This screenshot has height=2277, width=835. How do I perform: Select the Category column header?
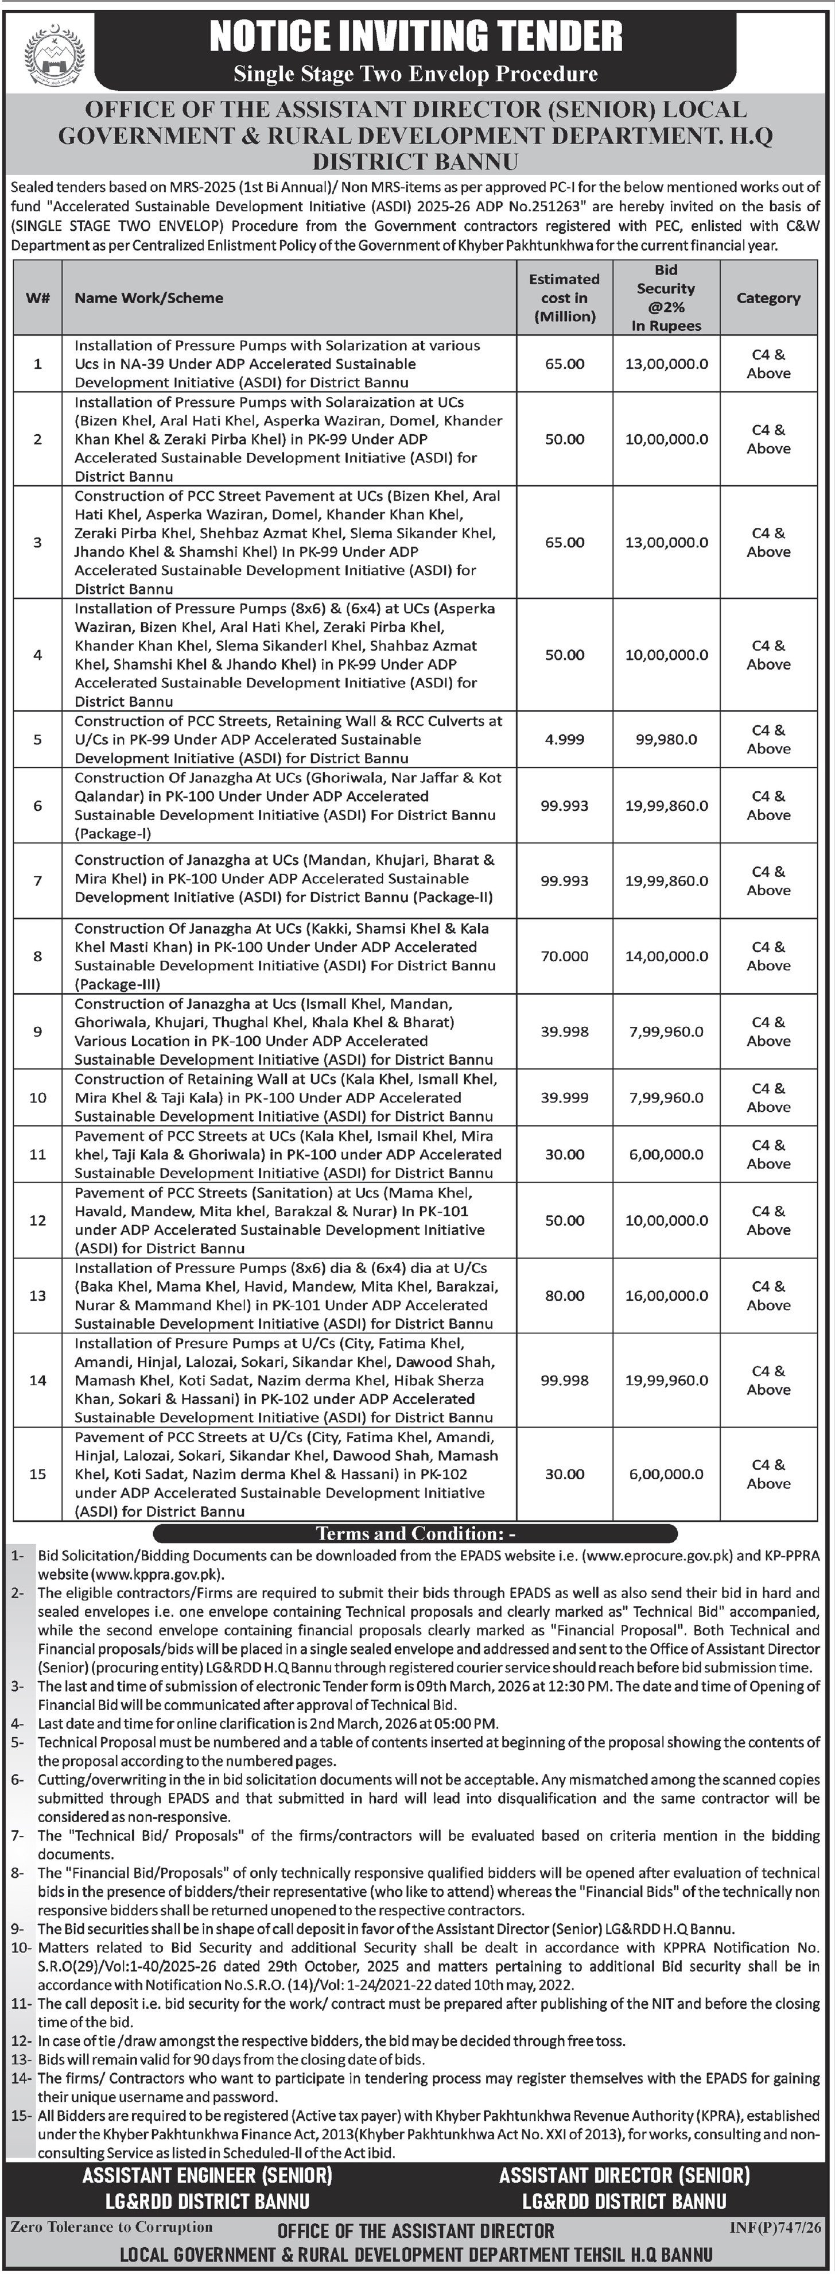pos(768,298)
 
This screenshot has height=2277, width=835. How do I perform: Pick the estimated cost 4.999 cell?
pos(564,739)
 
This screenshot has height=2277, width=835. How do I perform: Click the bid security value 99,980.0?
pos(666,739)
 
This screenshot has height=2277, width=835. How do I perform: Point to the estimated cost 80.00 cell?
pos(564,1296)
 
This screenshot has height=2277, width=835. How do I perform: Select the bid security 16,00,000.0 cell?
pos(666,1296)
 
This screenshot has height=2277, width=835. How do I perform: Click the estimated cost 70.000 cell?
pos(564,956)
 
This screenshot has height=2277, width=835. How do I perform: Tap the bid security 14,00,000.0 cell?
pos(666,956)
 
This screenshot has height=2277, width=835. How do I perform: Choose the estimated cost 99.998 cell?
pos(564,1381)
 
